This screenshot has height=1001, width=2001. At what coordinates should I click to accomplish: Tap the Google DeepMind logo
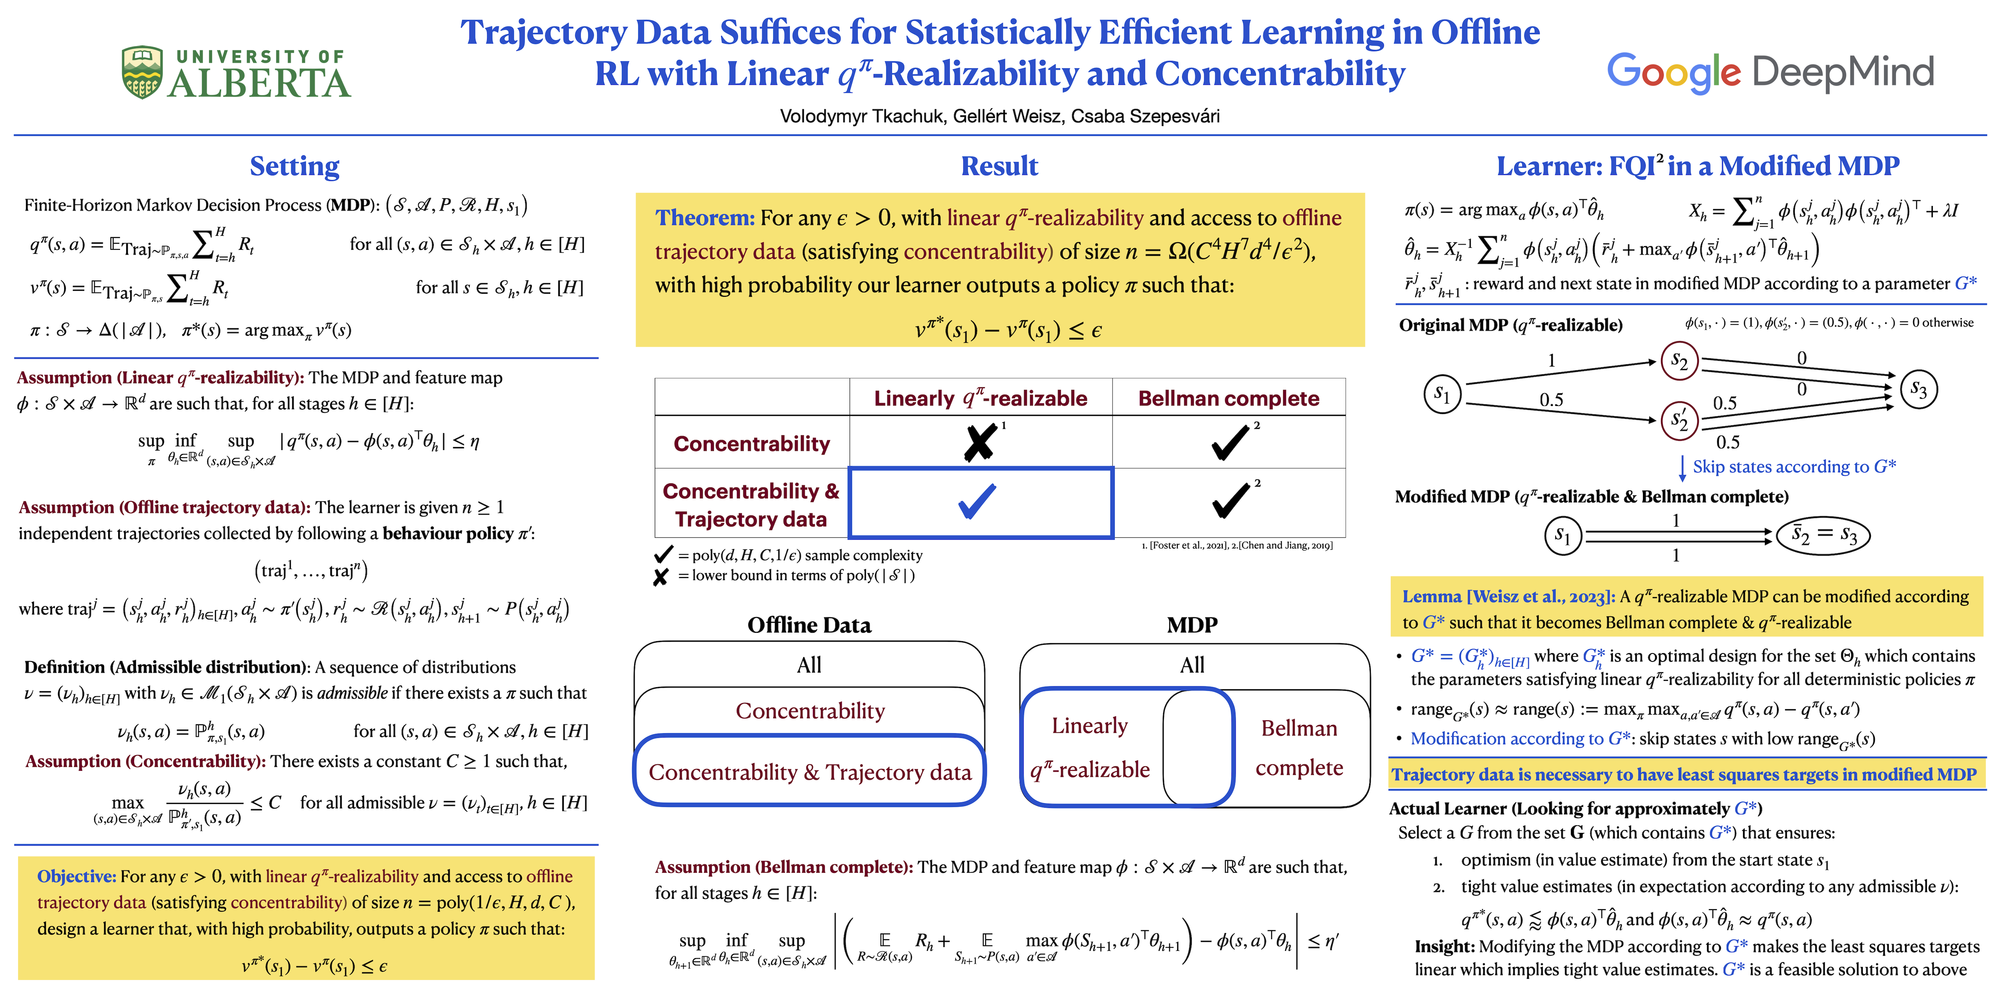pyautogui.click(x=1770, y=72)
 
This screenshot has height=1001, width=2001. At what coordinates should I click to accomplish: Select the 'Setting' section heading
pyautogui.click(x=295, y=166)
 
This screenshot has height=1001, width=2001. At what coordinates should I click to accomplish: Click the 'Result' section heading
pyautogui.click(x=999, y=166)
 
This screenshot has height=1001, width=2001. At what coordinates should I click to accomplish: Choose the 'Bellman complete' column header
pyautogui.click(x=1228, y=399)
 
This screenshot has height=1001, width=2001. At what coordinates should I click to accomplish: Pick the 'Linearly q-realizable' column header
pyautogui.click(x=980, y=399)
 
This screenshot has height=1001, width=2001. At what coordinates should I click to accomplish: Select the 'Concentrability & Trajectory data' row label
pyautogui.click(x=751, y=505)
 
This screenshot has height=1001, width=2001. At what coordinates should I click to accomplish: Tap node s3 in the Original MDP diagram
pyautogui.click(x=1918, y=388)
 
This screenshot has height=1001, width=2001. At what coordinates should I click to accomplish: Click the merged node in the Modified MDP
pyautogui.click(x=1823, y=535)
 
